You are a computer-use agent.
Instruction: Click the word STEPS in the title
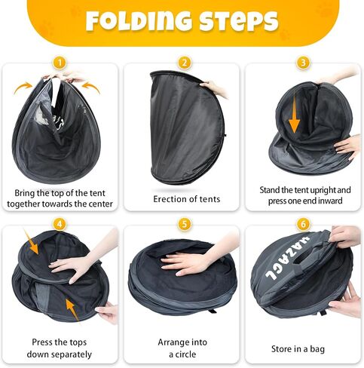[239, 21]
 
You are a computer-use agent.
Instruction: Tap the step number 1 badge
[60, 63]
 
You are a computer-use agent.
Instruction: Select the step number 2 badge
[185, 63]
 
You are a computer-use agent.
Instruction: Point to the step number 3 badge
[303, 63]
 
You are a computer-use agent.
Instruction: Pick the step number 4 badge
[60, 224]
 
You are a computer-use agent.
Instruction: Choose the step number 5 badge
[185, 224]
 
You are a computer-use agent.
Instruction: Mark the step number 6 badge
[303, 224]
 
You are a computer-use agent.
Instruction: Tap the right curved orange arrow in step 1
[91, 87]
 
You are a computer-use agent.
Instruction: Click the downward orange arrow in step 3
[295, 115]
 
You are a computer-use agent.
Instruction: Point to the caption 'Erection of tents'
[187, 199]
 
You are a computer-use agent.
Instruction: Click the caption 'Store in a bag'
[298, 349]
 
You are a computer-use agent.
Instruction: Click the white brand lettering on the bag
[287, 259]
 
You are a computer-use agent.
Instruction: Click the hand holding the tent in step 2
[214, 89]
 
